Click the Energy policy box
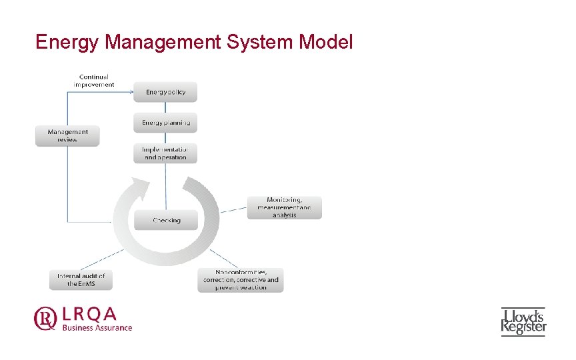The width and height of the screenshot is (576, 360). [x=166, y=92]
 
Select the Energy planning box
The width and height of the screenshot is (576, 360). [x=166, y=123]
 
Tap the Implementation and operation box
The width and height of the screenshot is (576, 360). [x=166, y=153]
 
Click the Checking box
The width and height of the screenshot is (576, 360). [x=166, y=220]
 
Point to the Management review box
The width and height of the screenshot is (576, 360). [x=67, y=136]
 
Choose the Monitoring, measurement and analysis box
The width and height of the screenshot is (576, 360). [x=285, y=207]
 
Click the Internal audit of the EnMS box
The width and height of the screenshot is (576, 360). [x=81, y=280]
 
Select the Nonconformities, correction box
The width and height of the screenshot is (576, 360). [x=241, y=280]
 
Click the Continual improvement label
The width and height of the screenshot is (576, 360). [x=93, y=81]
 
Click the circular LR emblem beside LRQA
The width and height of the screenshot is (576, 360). [x=46, y=319]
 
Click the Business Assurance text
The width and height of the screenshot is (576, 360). [x=97, y=327]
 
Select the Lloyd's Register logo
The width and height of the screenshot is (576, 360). [x=523, y=321]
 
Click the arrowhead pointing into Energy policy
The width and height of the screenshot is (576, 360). [x=131, y=92]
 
